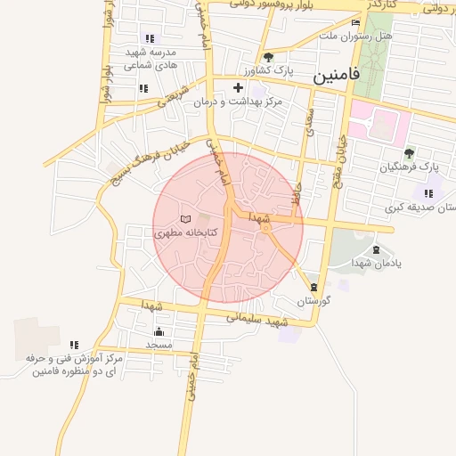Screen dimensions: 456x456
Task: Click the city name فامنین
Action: (337, 77)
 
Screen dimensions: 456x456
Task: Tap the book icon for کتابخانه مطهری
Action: (185, 219)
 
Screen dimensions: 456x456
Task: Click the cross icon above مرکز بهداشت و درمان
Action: (238, 87)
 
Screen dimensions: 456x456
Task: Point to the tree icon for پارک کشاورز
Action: (268, 57)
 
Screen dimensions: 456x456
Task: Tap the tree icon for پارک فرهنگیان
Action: (409, 153)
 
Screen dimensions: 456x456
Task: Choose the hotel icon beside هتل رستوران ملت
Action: (356, 22)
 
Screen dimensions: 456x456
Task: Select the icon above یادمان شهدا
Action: (375, 250)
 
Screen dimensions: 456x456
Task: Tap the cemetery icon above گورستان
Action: (313, 287)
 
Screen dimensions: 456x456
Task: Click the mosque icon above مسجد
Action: (159, 331)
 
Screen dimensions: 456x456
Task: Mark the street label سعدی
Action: (311, 120)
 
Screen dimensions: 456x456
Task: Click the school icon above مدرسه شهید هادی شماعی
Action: (149, 38)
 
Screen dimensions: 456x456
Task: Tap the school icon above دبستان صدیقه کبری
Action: (428, 193)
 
